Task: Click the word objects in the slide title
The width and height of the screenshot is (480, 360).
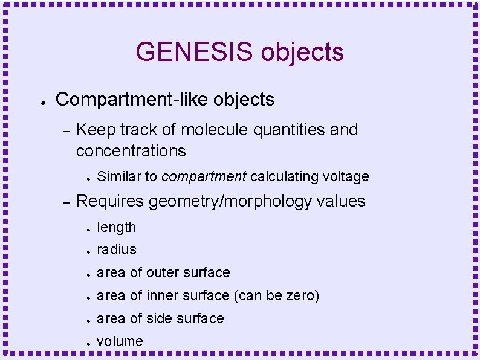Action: pyautogui.click(x=302, y=53)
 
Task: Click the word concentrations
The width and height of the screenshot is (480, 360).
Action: pyautogui.click(x=131, y=150)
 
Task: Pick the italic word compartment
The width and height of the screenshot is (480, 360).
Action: pyautogui.click(x=204, y=176)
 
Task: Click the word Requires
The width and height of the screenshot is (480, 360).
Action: pyautogui.click(x=110, y=201)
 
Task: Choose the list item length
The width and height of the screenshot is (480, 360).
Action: pyautogui.click(x=117, y=227)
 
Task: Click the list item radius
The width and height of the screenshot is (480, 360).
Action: pyautogui.click(x=117, y=249)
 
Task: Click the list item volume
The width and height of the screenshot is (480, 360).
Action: pyautogui.click(x=120, y=341)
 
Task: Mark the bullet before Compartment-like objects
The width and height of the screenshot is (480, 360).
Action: pyautogui.click(x=38, y=100)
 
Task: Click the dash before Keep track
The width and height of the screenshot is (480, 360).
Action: pyautogui.click(x=67, y=130)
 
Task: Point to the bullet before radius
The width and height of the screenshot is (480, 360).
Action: pyautogui.click(x=88, y=251)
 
